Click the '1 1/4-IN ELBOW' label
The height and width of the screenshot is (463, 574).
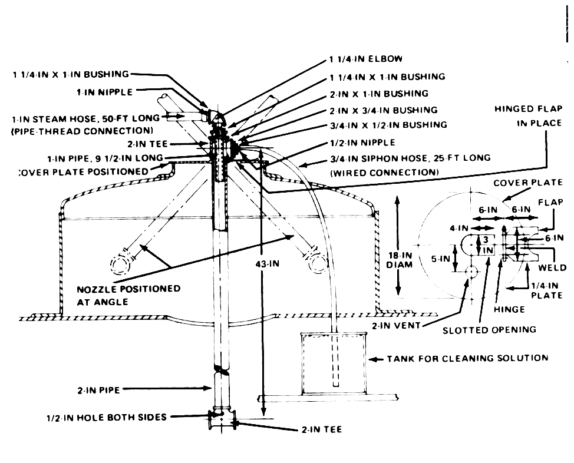click(x=366, y=59)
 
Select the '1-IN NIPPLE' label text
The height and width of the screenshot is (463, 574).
click(x=105, y=92)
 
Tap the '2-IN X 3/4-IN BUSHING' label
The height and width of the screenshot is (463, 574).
click(x=384, y=110)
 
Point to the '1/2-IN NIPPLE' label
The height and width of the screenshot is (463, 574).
click(x=363, y=143)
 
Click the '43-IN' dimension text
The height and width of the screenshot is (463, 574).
click(x=267, y=263)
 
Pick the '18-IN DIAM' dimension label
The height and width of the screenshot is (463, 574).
click(x=400, y=260)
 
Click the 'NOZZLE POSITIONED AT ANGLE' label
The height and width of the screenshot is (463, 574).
click(x=128, y=295)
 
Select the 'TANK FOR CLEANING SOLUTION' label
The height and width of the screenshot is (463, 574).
click(x=467, y=358)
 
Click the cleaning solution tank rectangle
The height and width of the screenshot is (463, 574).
click(x=334, y=363)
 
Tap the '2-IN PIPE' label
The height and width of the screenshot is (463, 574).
click(x=98, y=390)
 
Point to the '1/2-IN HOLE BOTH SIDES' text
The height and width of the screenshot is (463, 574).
click(x=107, y=417)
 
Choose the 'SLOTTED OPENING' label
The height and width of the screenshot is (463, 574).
click(x=489, y=330)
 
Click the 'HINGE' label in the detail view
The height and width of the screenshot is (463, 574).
click(x=509, y=310)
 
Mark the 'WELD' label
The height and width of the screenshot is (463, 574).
click(x=552, y=268)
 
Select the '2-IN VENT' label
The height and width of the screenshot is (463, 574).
click(x=396, y=325)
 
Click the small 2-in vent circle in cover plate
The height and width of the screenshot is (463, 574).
click(x=471, y=272)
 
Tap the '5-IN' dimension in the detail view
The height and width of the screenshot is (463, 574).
click(x=440, y=259)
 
